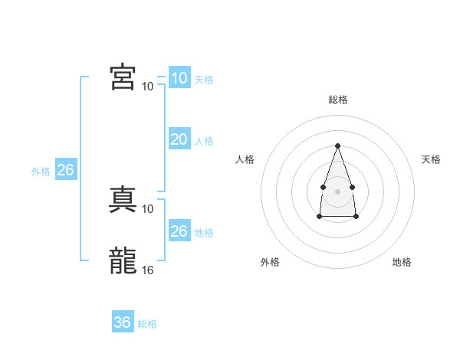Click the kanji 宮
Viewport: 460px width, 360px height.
[x=123, y=77]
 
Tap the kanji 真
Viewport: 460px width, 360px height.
[x=123, y=199]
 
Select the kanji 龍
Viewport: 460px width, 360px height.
[x=123, y=260]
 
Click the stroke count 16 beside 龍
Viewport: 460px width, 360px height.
[x=147, y=270]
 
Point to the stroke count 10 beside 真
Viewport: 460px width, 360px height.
[x=147, y=209]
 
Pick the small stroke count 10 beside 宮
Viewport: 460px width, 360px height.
[x=147, y=87]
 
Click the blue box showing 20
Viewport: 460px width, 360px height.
[x=179, y=139]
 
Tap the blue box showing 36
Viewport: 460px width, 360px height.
[x=123, y=321]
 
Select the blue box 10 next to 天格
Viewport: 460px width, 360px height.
[x=179, y=77]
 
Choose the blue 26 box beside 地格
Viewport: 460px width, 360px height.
[x=179, y=230]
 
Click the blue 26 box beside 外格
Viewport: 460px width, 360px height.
[x=66, y=169]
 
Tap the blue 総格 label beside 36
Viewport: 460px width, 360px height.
[x=147, y=324]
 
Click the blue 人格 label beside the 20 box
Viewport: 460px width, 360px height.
[x=204, y=141]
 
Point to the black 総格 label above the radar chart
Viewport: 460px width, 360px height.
[x=338, y=100]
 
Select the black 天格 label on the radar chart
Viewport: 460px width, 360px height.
[x=431, y=159]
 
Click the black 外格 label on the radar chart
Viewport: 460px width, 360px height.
[x=270, y=262]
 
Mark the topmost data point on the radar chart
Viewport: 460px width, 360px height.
[x=337, y=146]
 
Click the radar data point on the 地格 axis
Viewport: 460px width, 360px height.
[x=356, y=216]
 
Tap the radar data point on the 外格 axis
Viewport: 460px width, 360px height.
[x=320, y=216]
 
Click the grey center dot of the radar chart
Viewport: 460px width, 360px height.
[x=337, y=191]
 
